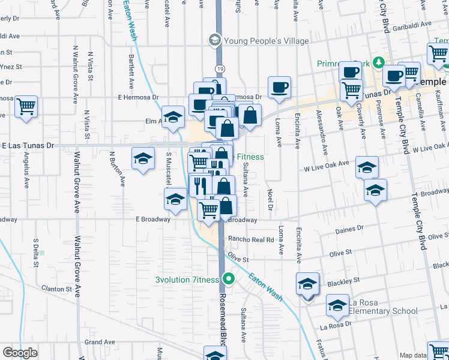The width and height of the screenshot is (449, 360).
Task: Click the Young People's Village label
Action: [266, 41]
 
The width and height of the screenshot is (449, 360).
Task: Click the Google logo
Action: [20, 353]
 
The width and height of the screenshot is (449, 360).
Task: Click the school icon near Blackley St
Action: [307, 283]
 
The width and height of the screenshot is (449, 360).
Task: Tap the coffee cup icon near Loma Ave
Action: [279, 87]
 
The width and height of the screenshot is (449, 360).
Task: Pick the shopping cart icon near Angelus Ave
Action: [26, 107]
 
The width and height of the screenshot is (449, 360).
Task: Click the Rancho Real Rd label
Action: [250, 239]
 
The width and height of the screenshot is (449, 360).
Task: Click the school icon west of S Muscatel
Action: [143, 159]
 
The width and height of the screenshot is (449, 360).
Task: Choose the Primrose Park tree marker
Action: [379, 62]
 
